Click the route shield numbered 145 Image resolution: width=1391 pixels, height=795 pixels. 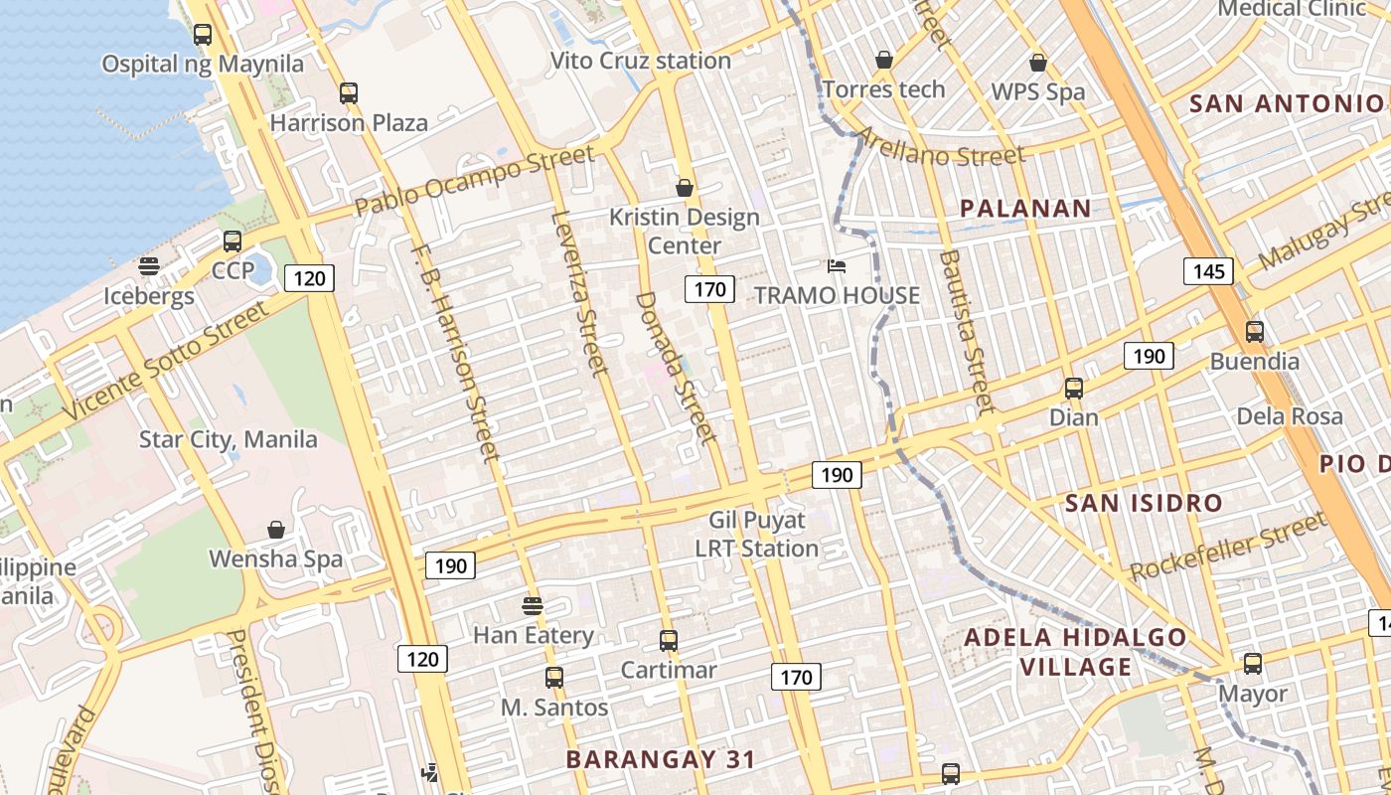pos(1208,270)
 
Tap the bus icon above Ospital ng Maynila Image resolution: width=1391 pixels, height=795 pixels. pos(203,35)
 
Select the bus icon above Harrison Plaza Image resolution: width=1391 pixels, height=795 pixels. pos(348,93)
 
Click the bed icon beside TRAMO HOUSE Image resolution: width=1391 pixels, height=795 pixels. pos(837,266)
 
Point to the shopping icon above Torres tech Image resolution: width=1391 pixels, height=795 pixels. pos(884,61)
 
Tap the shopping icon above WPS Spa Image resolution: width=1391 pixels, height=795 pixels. pos(1038,63)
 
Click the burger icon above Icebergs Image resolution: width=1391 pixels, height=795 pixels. pos(149,266)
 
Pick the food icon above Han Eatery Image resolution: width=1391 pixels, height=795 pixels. pos(533,605)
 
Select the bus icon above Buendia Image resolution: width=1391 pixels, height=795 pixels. pos(1255,332)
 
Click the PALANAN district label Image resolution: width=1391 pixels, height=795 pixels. pos(1025,209)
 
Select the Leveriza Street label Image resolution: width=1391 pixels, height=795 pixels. pos(578,294)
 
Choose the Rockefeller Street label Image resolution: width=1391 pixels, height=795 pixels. pos(1229,547)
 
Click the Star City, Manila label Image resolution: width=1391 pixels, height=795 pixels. pos(229,439)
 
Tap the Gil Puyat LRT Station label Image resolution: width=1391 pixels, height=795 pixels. pos(757,534)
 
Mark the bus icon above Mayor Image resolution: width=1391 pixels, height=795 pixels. pos(1253,663)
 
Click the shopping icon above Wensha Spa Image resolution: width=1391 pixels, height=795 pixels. pos(276,531)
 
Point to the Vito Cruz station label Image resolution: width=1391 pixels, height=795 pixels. pos(641,61)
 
